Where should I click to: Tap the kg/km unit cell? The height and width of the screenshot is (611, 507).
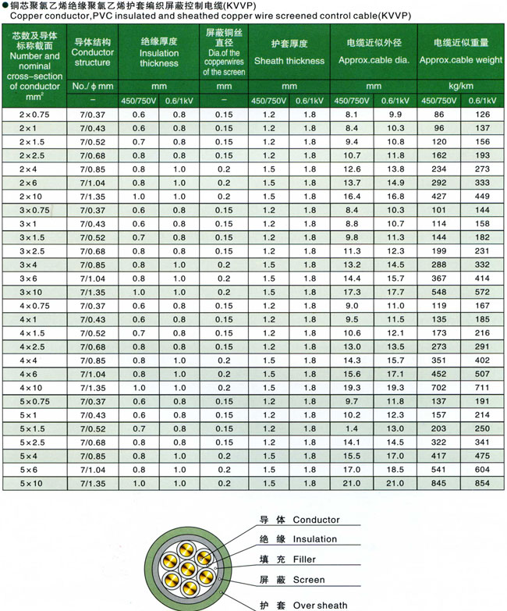pos(460,85)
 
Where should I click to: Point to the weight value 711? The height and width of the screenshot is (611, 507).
pos(482,388)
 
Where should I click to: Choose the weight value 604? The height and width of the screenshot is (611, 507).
pos(482,469)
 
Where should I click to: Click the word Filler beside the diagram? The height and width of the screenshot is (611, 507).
pos(304,559)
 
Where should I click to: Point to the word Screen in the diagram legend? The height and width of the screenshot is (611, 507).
pos(309,580)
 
